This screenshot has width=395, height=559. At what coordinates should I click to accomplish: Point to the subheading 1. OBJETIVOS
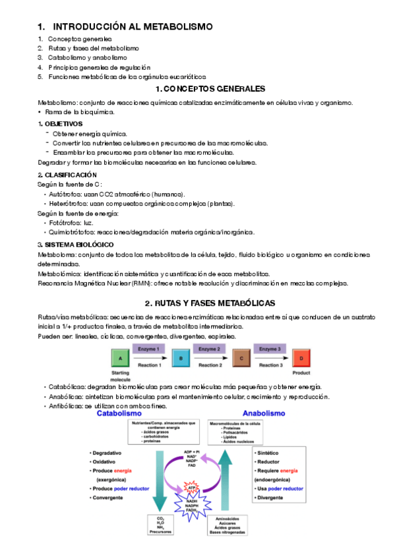point(60,123)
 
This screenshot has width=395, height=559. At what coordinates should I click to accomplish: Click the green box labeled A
point(120,358)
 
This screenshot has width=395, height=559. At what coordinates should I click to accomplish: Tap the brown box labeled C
point(241,358)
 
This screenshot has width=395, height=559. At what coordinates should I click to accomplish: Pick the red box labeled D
point(301,358)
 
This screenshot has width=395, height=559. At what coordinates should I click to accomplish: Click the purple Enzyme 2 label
point(210,348)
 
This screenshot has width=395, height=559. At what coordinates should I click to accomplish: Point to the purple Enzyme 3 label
point(270,348)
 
